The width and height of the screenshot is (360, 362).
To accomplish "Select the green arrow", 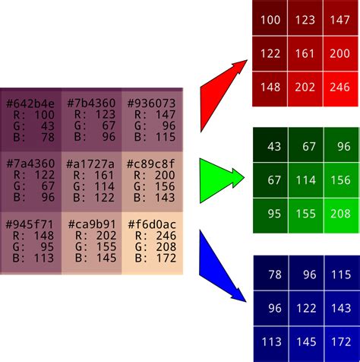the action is point(218,179).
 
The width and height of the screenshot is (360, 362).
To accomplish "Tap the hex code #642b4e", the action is point(30,103).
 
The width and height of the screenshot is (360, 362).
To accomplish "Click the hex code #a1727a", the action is point(90,164).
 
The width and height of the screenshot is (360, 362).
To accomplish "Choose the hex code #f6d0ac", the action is point(152,224).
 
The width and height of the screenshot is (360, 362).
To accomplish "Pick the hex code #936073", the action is point(151,103).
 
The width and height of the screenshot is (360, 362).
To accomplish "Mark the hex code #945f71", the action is point(30,224).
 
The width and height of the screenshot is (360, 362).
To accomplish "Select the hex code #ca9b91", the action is point(92,224).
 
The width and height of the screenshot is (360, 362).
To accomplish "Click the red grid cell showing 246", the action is point(340,89).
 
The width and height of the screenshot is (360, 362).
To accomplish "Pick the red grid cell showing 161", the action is point(305,53).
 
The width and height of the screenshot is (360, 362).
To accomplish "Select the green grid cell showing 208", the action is point(341,216).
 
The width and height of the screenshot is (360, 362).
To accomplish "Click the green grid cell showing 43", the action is point(270,144).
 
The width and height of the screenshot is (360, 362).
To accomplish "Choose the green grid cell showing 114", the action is point(305,180).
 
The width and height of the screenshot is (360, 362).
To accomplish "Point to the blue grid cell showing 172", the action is point(342,344).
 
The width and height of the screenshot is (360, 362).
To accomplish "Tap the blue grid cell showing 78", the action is point(271,273).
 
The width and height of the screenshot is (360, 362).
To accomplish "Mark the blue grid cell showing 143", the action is point(342,309).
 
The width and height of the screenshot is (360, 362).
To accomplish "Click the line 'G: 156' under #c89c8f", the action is point(154,186).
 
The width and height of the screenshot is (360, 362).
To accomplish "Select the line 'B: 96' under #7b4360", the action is point(95,137).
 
